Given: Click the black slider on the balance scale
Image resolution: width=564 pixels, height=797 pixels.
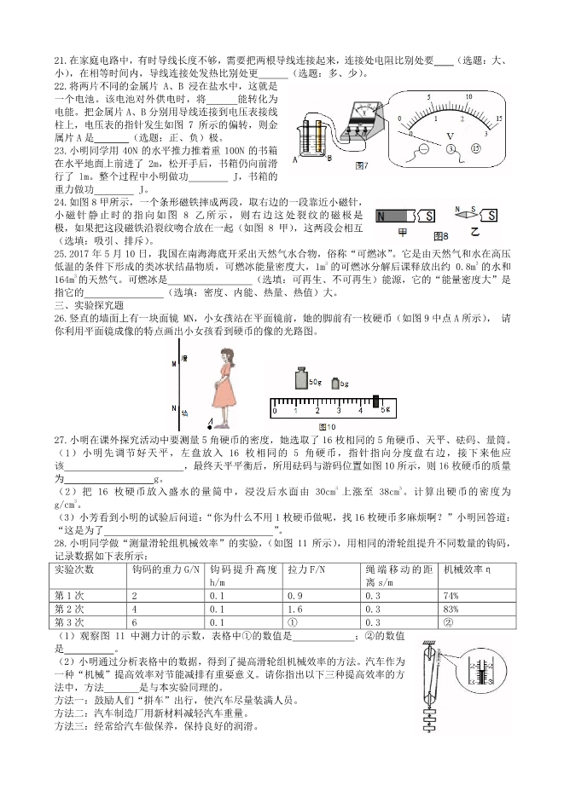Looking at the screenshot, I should pos(376,400).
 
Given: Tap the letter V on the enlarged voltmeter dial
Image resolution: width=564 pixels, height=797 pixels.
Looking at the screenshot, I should pos(451,135).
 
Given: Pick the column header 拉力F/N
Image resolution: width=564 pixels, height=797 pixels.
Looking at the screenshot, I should pos(303,568).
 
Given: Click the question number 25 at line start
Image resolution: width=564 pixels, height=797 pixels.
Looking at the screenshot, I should pos(60,254).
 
